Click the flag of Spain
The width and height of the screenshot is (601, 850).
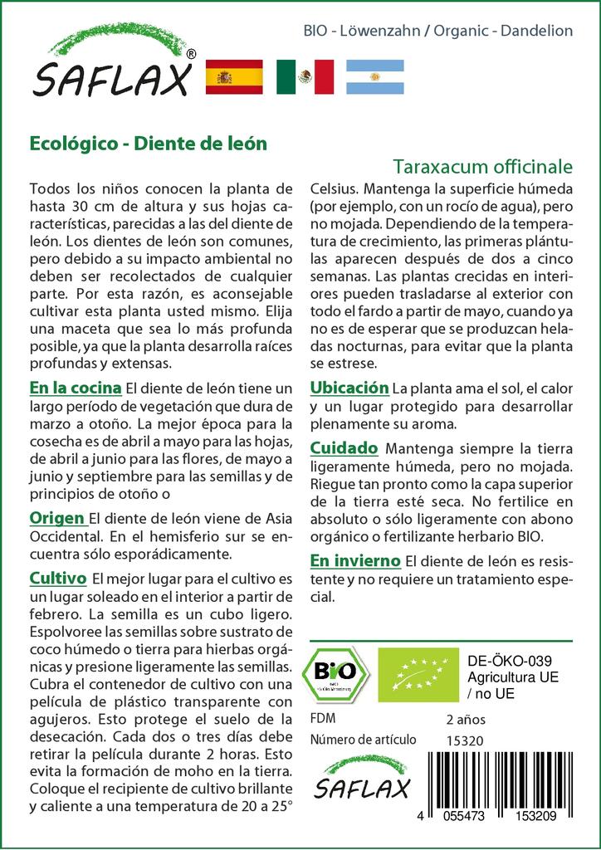click(x=233, y=76)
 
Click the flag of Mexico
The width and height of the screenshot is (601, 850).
click(x=305, y=76)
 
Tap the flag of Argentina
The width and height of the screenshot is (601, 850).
click(x=374, y=76)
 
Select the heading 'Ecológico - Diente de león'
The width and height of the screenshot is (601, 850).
click(x=148, y=142)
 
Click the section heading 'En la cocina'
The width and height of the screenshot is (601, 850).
click(x=76, y=388)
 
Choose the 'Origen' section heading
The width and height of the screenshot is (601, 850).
click(x=56, y=518)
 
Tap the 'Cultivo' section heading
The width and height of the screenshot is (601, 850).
click(x=57, y=577)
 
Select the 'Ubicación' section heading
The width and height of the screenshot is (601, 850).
click(x=349, y=388)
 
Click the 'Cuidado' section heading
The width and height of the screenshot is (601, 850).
click(x=344, y=447)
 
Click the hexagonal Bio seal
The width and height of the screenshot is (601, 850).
click(x=335, y=673)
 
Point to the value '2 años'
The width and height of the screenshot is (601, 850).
click(x=466, y=719)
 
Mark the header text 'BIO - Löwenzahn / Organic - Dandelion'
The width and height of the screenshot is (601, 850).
click(x=438, y=31)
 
